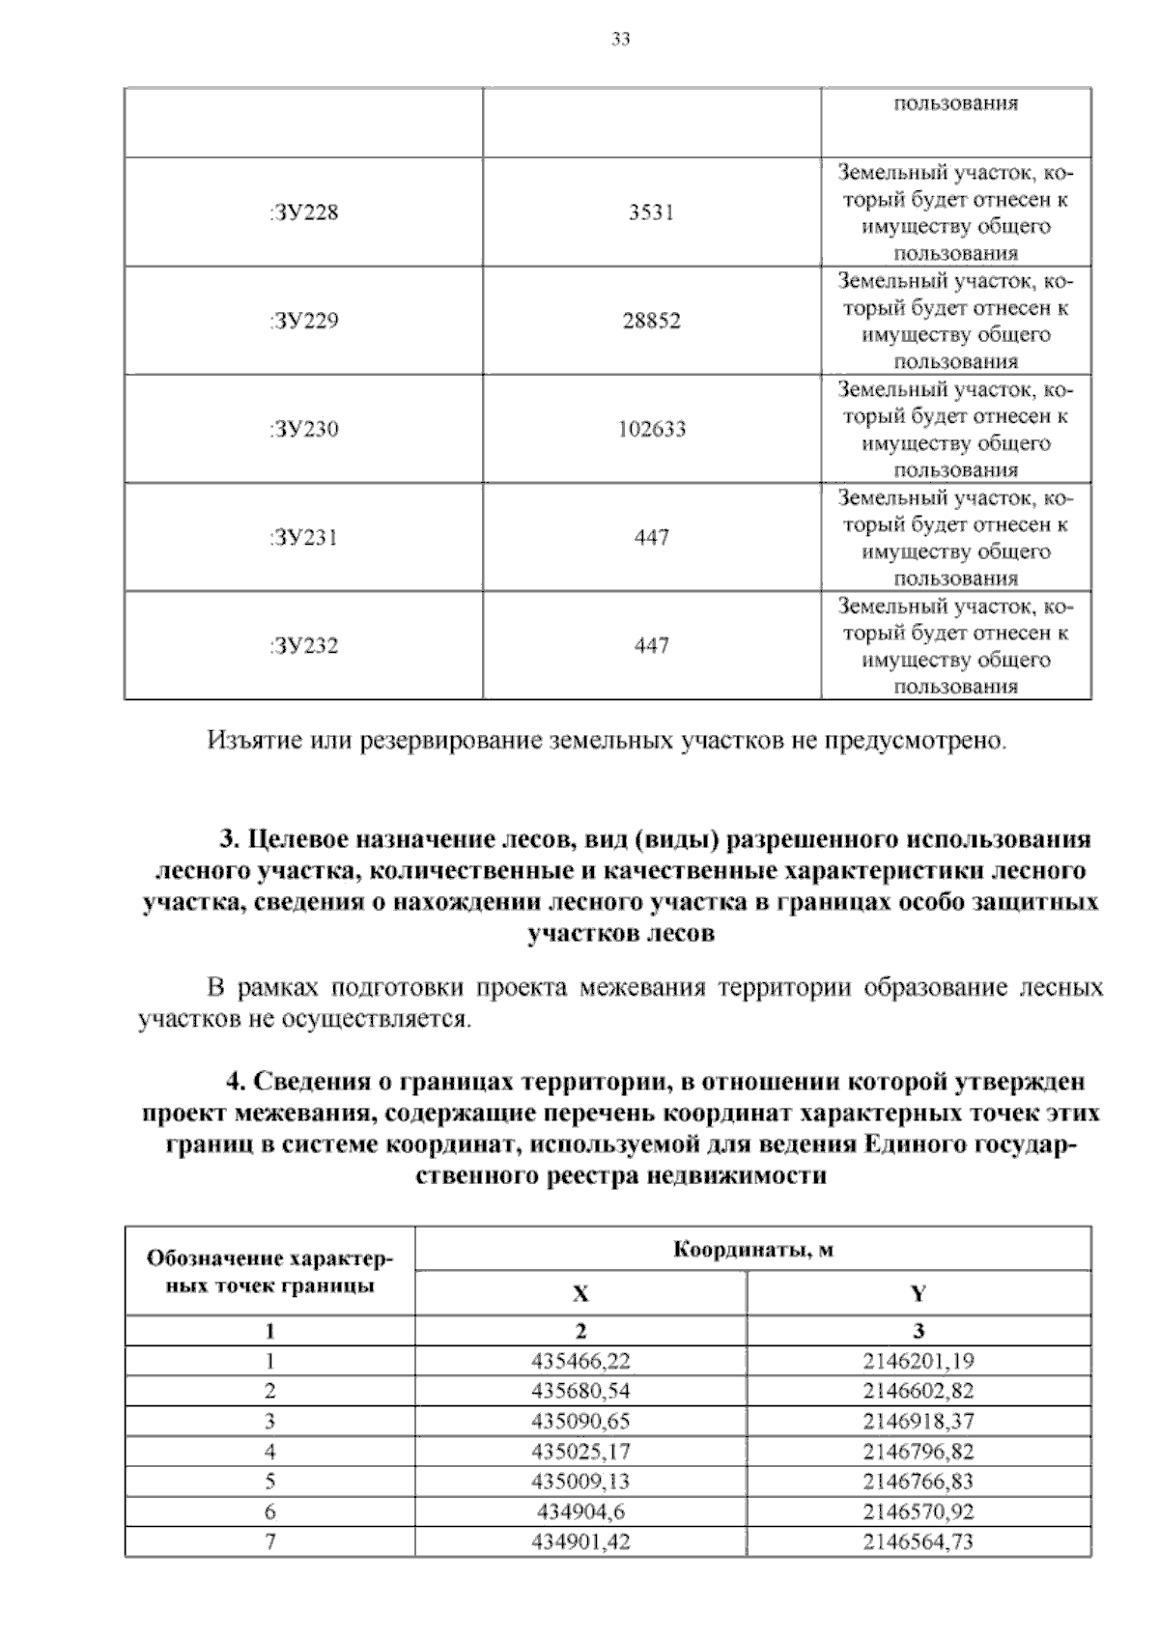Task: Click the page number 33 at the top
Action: coord(621,40)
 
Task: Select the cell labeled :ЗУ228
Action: coord(304,212)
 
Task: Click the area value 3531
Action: coord(651,212)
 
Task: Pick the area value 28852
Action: coord(651,321)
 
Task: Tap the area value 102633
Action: coord(651,429)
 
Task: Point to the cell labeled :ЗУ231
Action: coord(304,537)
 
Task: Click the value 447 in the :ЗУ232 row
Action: coord(651,645)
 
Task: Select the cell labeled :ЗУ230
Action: coord(304,429)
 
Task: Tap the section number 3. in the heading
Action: coord(229,838)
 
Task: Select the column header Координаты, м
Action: coord(752,1250)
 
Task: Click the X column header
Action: coord(580,1294)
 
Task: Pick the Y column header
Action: coord(919,1294)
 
